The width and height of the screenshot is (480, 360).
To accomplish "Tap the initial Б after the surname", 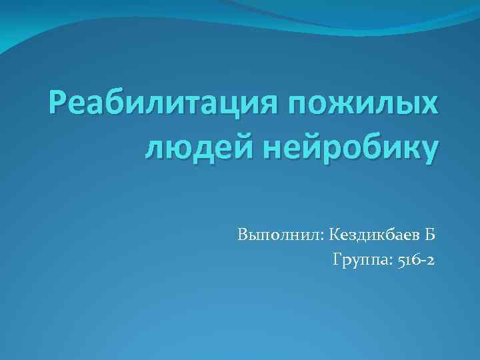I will point(430,235).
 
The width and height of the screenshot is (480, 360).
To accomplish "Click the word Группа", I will point(357,260).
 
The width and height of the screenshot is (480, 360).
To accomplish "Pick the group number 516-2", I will point(415,260).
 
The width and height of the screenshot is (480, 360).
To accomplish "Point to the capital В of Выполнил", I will point(241,235).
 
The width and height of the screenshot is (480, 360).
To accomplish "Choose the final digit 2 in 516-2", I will point(431,260).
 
